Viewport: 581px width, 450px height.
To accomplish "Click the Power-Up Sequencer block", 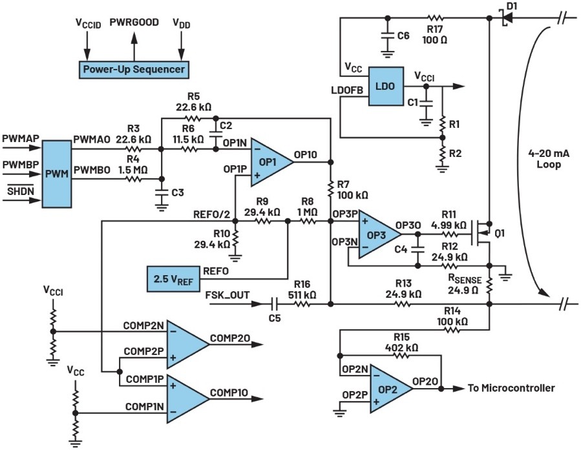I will (x=133, y=69).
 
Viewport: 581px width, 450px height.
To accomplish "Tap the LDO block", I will (x=386, y=87).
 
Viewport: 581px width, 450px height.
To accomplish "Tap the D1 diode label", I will (x=512, y=6).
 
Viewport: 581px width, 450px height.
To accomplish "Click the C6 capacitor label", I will (x=403, y=36).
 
